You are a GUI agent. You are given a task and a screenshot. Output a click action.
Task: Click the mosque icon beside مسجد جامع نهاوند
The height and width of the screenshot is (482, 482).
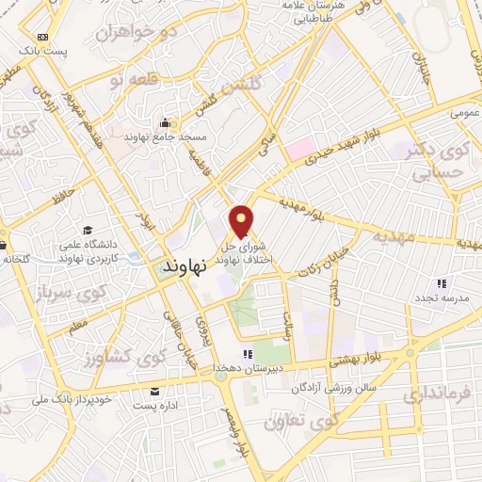[x=166, y=122]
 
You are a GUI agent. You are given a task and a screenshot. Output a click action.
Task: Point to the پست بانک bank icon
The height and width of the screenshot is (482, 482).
[x=41, y=36]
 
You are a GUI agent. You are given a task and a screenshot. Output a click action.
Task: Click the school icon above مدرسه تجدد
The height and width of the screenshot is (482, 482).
[x=442, y=283]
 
